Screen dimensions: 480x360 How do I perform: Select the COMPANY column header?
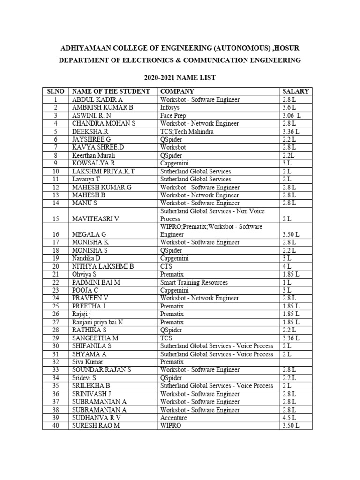pos(177,91)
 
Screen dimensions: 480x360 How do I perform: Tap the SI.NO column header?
pos(55,91)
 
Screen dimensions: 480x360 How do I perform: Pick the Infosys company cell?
pos(172,108)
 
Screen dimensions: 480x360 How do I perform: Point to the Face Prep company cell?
pos(174,116)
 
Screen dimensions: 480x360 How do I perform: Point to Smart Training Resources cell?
pos(194,282)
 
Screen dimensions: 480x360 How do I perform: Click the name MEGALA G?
pos(89,234)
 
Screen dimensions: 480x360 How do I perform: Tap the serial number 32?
pos(55,362)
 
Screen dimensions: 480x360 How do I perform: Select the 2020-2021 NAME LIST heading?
pos(180,78)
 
